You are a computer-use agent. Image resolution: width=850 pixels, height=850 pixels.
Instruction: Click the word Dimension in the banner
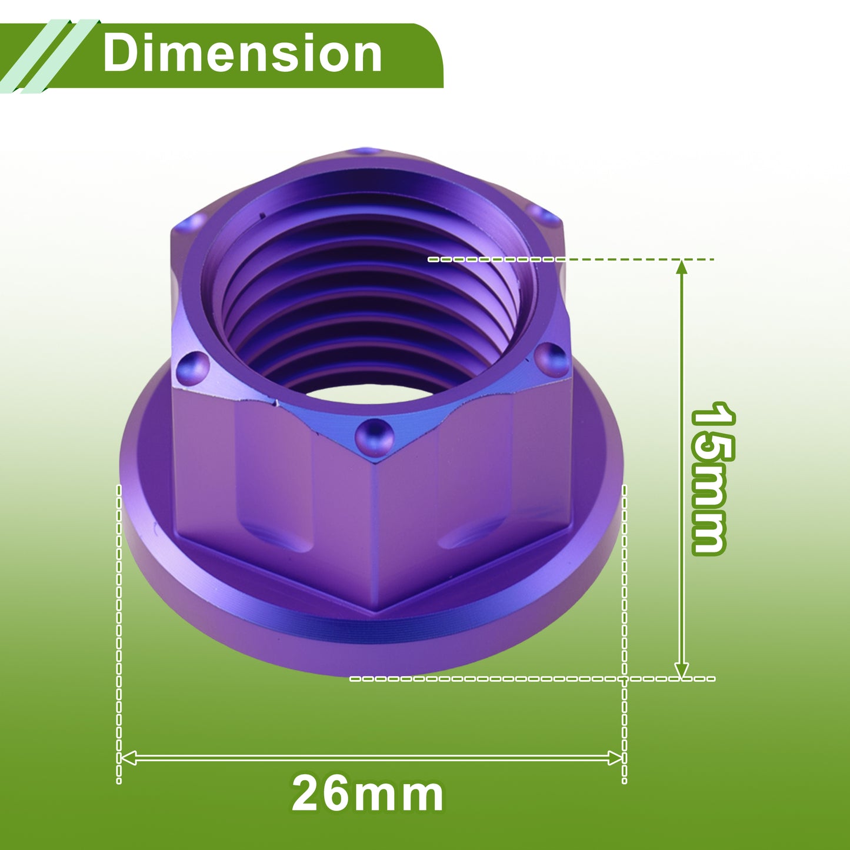pos(242,54)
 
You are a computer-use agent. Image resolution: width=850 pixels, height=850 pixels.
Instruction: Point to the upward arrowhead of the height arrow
pos(682,267)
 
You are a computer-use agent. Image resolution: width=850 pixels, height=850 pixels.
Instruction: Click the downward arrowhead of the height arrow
pos(682,669)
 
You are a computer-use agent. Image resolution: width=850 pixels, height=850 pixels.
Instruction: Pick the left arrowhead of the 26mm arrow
pos(128,758)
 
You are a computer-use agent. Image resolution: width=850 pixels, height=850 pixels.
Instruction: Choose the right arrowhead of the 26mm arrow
pos(615,758)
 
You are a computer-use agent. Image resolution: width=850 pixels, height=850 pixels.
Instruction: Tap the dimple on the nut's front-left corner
pos(193,368)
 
